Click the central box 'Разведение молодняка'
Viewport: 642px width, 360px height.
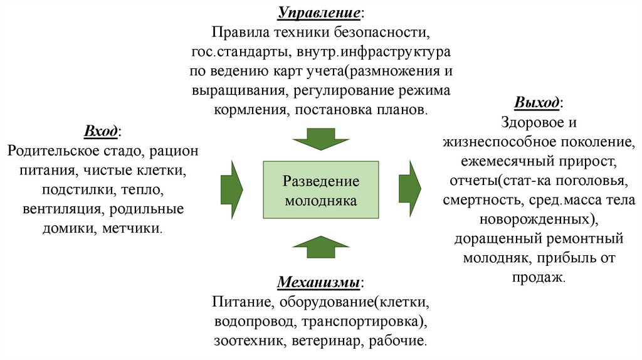[320, 191]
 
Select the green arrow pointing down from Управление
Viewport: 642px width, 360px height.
[320, 138]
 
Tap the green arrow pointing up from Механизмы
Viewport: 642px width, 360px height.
[320, 246]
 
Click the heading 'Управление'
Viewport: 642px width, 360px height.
[319, 13]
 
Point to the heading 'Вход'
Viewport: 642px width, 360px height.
[100, 132]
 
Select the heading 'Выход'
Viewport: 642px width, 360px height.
[537, 103]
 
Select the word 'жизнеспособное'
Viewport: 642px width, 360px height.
[495, 142]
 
